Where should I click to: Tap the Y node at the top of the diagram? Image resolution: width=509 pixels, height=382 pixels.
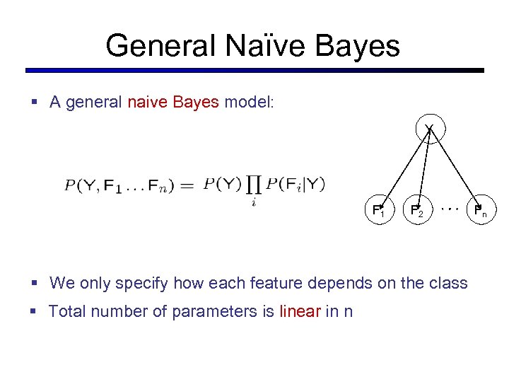(428, 128)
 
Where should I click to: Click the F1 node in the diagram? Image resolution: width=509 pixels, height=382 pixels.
(378, 211)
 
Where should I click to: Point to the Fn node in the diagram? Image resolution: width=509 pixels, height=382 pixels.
(479, 211)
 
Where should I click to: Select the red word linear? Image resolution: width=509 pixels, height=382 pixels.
(300, 311)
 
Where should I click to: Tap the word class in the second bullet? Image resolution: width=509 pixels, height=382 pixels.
(449, 284)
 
